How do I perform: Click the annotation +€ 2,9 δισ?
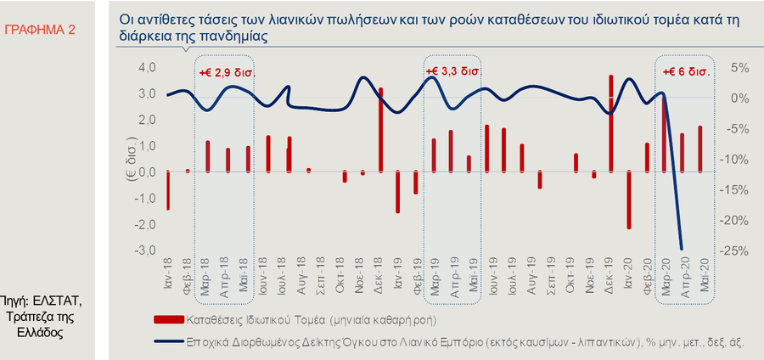coord(227,73)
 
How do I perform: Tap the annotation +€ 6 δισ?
coord(686,71)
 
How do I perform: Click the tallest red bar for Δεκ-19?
coord(610,123)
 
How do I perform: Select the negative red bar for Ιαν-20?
coord(629,200)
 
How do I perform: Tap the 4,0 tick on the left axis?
coord(147,68)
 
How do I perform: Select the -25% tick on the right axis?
coord(735,251)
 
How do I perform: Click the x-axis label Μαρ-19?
coord(435,275)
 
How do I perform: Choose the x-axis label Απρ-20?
coord(683,275)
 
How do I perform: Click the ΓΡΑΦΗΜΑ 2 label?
coord(39,29)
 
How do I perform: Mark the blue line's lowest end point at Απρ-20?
coord(682,249)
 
